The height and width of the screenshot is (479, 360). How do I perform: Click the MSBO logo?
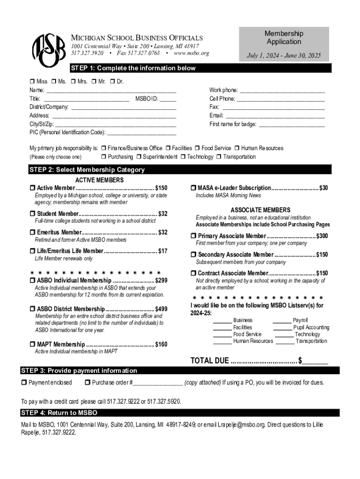pos(48,48)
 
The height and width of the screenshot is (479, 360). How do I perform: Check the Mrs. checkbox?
pos(73,82)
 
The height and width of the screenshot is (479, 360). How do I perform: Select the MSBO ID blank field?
pos(168,99)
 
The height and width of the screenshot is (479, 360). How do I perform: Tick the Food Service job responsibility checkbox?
pos(198,148)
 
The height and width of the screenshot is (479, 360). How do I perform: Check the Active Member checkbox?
pos(32,188)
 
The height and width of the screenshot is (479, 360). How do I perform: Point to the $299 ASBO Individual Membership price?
pos(161,280)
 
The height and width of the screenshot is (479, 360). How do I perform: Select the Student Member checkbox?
pos(32,214)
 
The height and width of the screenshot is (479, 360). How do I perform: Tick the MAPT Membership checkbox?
pos(32,345)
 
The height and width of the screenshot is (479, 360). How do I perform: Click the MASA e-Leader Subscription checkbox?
pos(193,188)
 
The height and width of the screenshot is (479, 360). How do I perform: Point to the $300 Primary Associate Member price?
pos(322,236)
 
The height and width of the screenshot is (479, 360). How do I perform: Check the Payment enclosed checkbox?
pos(24,383)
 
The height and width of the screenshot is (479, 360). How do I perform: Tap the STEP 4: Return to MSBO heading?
pos(59,413)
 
